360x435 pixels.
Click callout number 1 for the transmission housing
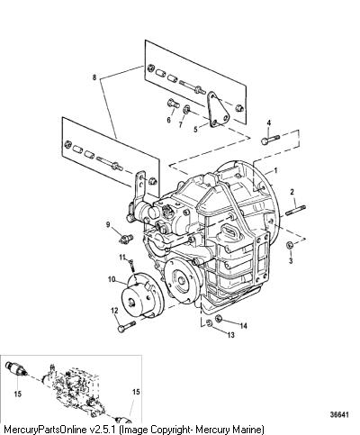tap(276, 170)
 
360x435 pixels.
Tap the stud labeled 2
tap(296, 210)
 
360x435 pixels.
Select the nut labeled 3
tap(290, 245)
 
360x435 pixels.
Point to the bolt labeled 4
tap(270, 140)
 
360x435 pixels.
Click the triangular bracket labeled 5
tap(217, 110)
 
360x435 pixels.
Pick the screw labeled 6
tap(173, 104)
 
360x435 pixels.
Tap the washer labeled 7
tap(186, 109)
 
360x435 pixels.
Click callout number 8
tap(94, 77)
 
